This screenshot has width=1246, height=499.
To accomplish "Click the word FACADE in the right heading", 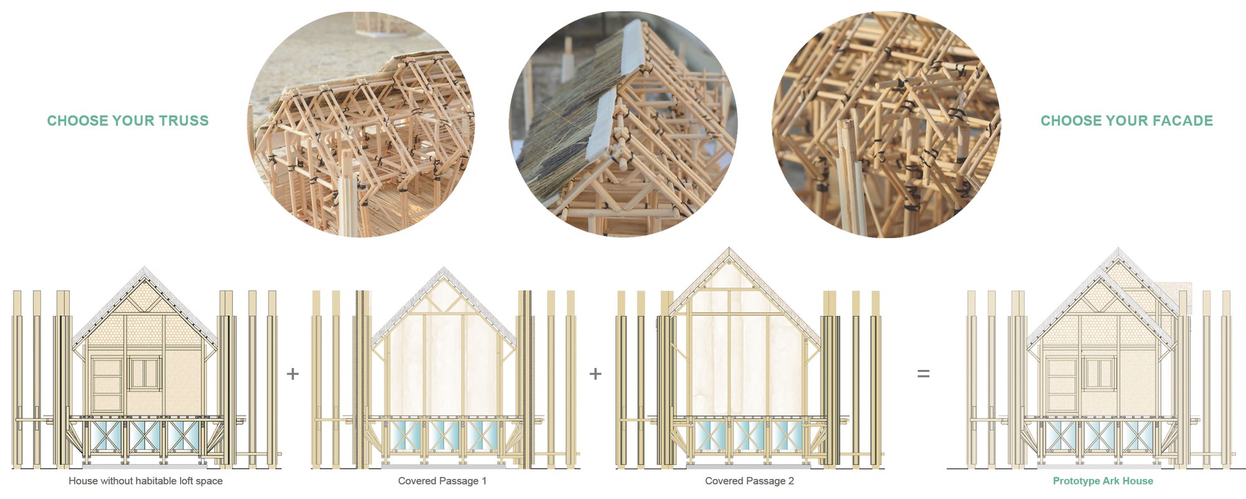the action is (1182, 121).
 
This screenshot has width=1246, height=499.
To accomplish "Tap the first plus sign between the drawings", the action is (293, 374).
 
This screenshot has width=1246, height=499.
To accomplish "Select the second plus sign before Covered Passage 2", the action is (596, 374).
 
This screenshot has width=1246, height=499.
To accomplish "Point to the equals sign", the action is (923, 374).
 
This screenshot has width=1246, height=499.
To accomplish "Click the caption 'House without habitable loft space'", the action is (145, 481).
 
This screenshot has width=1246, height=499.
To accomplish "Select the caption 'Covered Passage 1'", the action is (442, 481).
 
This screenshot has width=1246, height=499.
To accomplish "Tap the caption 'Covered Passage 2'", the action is (749, 481).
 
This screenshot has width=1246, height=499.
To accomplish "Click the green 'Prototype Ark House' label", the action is (1103, 481).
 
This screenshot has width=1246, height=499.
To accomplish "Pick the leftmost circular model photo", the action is (361, 125).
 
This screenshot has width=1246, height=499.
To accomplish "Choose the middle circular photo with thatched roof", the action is (623, 125).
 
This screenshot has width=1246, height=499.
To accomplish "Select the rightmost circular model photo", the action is (886, 125).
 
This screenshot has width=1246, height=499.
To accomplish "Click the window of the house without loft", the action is (144, 372).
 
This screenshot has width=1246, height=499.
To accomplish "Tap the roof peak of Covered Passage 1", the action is (444, 269).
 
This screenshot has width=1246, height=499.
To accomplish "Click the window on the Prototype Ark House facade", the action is (1098, 373).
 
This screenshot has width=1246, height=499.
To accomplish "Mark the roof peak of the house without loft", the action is (145, 269).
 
